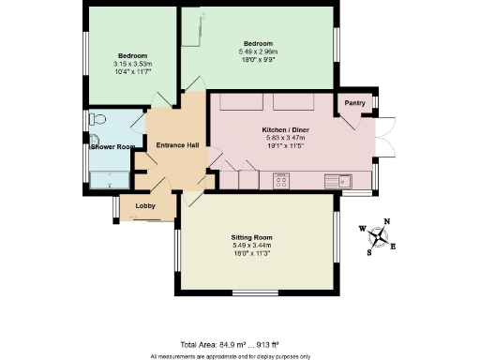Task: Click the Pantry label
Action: click(354, 102)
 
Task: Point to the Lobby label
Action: click(145, 205)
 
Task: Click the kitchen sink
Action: click(337, 180)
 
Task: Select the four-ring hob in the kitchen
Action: click(281, 179)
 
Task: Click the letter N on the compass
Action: click(387, 222)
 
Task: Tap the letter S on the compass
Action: click(368, 252)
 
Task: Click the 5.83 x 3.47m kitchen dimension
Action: click(280, 138)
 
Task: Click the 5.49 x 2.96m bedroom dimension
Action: click(258, 52)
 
